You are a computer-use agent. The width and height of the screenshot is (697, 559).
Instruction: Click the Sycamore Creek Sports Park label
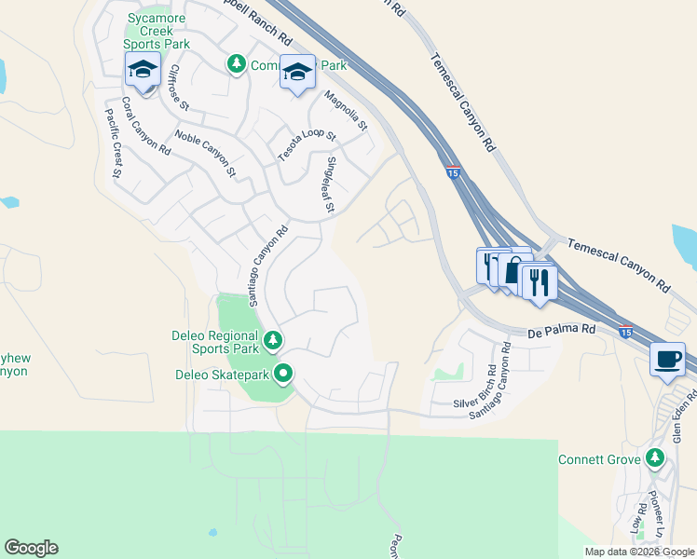[x=157, y=31]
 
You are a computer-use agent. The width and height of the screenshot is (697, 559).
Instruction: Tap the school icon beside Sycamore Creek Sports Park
[x=143, y=70]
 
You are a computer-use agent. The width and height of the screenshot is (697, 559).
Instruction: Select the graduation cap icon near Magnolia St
[x=297, y=73]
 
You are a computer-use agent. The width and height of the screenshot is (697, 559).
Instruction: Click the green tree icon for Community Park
[x=237, y=63]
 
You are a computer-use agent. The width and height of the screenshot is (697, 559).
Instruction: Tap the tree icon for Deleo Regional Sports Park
[x=272, y=340]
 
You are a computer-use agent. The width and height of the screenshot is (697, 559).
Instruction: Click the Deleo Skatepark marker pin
[x=283, y=375]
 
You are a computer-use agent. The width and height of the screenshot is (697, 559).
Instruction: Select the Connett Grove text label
[x=598, y=459]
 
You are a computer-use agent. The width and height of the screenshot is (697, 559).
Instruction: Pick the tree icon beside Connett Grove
[x=656, y=457]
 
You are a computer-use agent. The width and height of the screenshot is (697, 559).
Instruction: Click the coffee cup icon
[x=667, y=360]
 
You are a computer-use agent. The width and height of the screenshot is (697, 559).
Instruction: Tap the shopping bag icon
[x=512, y=271]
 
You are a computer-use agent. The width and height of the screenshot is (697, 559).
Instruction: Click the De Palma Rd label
[x=561, y=330]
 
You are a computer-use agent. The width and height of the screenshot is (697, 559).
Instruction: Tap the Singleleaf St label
[x=329, y=185]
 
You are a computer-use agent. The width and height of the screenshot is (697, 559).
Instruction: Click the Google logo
[x=31, y=548]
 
